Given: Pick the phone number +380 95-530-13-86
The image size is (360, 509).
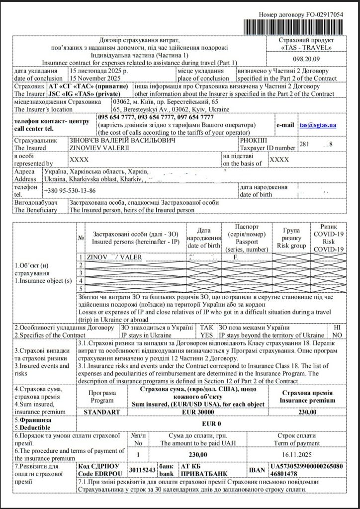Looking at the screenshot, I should coord(70,190).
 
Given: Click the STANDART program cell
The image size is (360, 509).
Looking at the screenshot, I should coord(102,412).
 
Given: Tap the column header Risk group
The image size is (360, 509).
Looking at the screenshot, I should coord(288,238).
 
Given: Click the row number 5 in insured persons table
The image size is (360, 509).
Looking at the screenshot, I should coord(81,288).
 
